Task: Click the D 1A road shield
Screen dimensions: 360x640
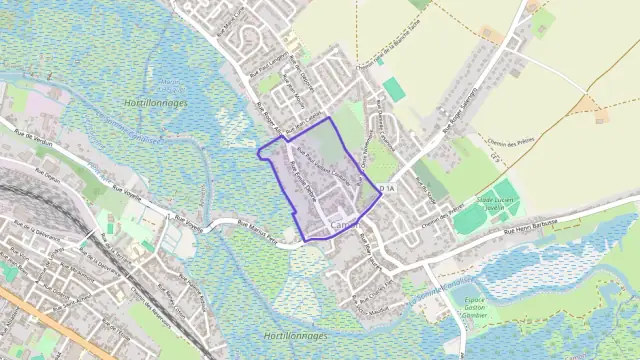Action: pos(388,188)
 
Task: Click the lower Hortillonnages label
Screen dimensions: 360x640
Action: pos(299,336)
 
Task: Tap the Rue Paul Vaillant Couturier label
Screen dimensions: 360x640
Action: pos(325,165)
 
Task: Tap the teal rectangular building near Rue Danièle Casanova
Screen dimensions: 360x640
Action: pos(394,90)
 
